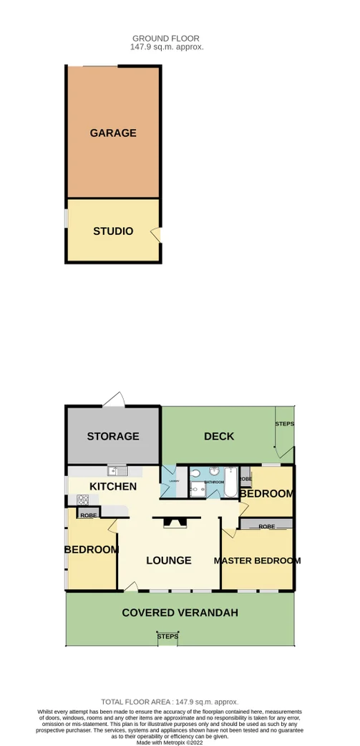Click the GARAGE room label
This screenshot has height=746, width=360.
coord(113,133)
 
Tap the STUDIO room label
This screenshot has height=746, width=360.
coord(113,231)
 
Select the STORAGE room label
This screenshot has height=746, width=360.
coord(113,436)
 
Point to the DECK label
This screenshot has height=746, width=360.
coord(219,436)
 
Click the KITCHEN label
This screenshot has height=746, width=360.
coord(112,487)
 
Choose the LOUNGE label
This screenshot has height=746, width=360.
coord(169,561)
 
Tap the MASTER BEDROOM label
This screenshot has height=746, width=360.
coord(258,561)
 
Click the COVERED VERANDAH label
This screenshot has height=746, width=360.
coord(180,613)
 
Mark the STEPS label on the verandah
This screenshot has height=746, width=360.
coord(167,636)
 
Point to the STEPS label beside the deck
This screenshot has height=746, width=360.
coord(285,425)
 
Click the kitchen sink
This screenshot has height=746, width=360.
coord(116,471)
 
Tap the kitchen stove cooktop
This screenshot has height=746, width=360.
coord(82,500)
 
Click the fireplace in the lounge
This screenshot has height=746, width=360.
coord(174,523)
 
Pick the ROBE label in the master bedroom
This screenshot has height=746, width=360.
coord(266,526)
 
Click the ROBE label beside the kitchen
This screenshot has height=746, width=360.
coord(89,515)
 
